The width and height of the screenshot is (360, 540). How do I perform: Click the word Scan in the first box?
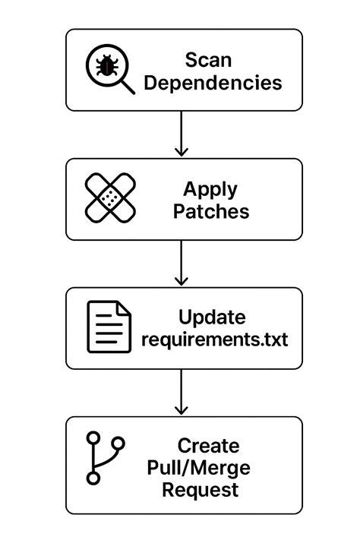208,60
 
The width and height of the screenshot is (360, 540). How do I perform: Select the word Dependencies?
213,83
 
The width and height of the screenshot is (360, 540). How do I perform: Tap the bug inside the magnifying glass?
107,65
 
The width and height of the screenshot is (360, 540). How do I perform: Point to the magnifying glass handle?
128,87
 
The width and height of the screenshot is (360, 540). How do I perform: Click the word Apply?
210,190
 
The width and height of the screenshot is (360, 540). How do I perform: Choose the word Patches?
211,211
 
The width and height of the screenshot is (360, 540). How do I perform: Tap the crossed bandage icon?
110,197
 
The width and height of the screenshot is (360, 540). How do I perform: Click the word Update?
212,317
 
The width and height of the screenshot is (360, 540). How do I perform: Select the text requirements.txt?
215,339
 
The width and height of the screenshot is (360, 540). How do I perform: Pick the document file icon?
109,327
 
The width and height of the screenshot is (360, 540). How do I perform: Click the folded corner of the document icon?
124,308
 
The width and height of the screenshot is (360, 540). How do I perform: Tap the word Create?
208,446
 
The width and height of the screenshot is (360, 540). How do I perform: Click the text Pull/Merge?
199,468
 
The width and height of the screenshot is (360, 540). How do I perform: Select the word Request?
201,490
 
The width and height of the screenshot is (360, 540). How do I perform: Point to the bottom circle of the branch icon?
93,478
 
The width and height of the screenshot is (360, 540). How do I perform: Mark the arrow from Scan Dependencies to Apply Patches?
182,134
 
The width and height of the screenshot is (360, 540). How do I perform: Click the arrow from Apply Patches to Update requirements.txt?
182,263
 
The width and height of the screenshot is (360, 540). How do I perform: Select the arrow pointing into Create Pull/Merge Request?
182,392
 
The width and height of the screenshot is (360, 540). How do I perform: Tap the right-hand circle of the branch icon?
118,444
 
